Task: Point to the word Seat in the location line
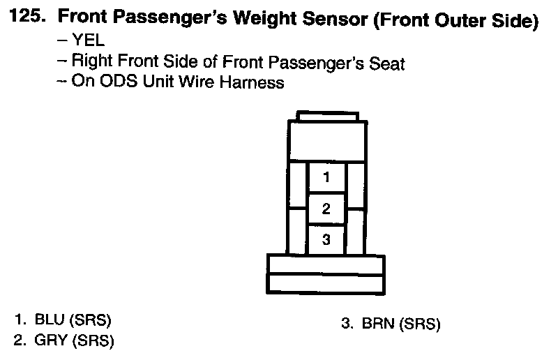pyautogui.click(x=387, y=63)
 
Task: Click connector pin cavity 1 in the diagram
pyautogui.click(x=326, y=177)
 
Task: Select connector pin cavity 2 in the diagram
pyautogui.click(x=326, y=209)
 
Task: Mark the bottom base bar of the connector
pyautogui.click(x=326, y=283)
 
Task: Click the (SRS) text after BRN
pyautogui.click(x=420, y=324)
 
